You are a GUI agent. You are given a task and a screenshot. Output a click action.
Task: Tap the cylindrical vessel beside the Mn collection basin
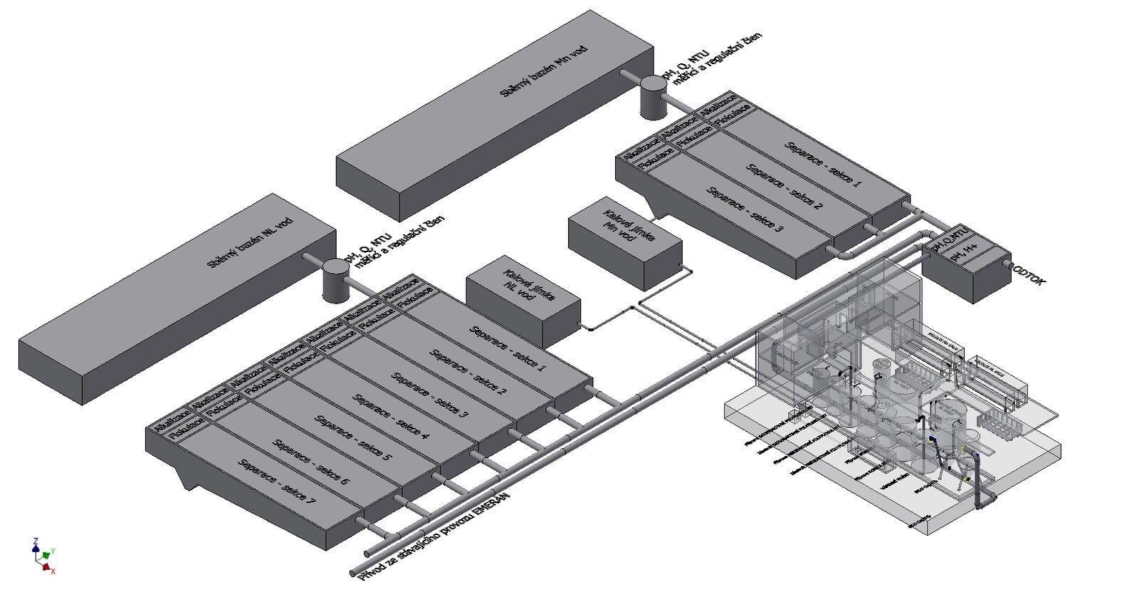point(653,97)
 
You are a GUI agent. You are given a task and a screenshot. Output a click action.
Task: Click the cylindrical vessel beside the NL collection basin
point(334,279)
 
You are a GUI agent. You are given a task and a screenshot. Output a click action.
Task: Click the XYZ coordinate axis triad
point(43,556)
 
